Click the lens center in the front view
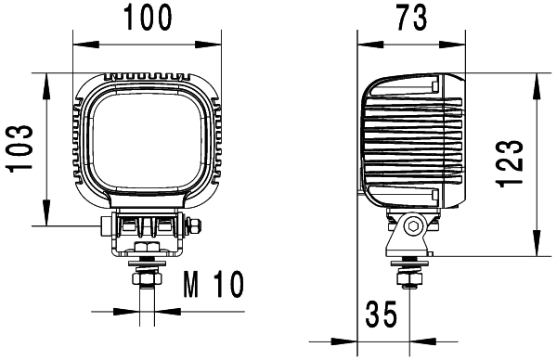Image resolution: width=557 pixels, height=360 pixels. tap(147, 139)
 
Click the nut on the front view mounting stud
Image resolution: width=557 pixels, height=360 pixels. tap(146, 278)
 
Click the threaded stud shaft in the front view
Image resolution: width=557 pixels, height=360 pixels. tap(146, 302)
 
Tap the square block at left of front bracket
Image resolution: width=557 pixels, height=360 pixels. tap(108, 225)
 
